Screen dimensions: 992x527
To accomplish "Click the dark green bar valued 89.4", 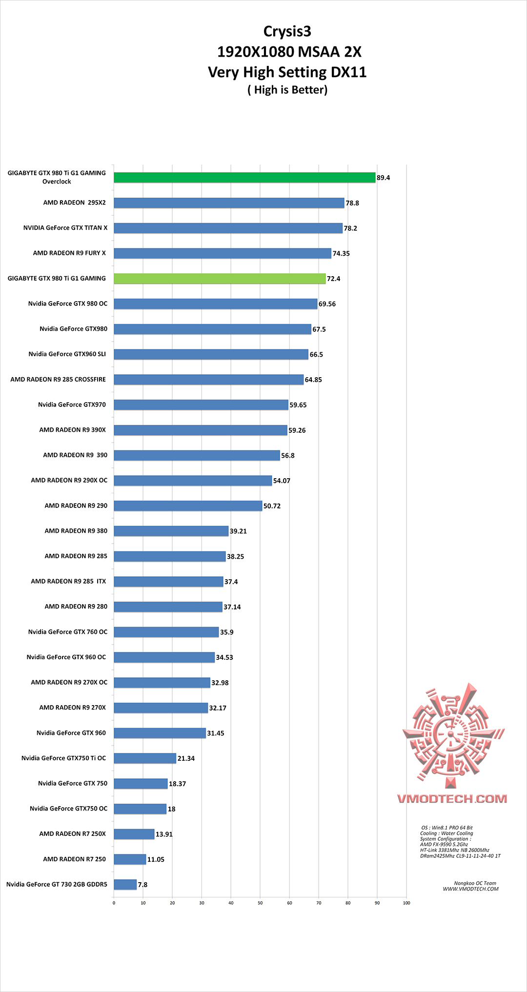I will tap(244, 178).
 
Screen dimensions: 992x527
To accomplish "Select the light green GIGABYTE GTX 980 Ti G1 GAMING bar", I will tap(220, 279).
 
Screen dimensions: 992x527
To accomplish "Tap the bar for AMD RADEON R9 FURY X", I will tap(223, 253).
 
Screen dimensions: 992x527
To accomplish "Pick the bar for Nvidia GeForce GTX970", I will tap(201, 405).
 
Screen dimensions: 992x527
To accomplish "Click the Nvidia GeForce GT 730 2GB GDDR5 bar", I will tap(125, 884).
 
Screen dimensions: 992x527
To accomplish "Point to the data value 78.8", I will tap(352, 203).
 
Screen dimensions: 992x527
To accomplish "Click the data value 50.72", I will tap(272, 506).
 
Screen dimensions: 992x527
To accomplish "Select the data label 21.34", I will tap(186, 758).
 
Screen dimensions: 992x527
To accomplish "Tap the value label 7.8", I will tap(142, 885).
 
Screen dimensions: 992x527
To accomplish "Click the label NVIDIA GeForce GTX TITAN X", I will tap(65, 228).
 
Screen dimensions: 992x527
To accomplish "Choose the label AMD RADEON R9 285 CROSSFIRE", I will tap(58, 379).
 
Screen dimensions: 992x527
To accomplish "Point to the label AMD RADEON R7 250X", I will tap(72, 833).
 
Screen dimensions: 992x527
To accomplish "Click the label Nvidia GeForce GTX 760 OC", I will tap(68, 632).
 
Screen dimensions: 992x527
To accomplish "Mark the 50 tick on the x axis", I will tap(260, 903).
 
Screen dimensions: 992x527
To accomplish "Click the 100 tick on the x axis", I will tap(406, 903).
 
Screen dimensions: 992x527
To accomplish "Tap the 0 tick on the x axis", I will tap(114, 903).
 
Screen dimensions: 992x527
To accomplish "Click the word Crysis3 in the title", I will tap(287, 32).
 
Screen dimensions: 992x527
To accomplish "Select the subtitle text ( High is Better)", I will tap(287, 90).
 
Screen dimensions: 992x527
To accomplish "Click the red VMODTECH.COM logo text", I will tap(452, 799).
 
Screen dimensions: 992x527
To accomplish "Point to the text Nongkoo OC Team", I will tap(475, 883).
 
